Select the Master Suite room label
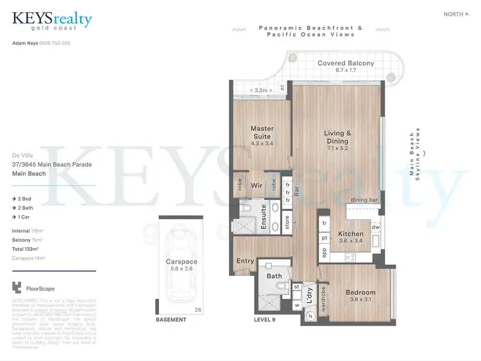click(262, 133)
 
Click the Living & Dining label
click(338, 137)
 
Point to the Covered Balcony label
click(345, 63)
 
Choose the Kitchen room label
click(351, 234)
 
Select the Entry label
click(245, 261)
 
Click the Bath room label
click(274, 276)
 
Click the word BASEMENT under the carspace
click(171, 319)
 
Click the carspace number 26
click(198, 310)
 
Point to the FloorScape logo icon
click(17, 289)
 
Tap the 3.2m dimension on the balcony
click(261, 91)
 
